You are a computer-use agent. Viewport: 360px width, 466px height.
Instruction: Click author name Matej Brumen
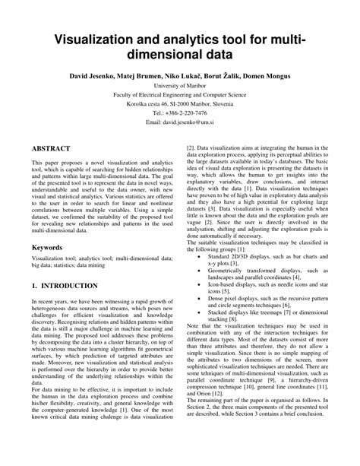pyautogui.click(x=154, y=77)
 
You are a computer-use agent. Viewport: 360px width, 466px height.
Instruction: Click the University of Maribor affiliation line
pyautogui.click(x=181, y=87)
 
